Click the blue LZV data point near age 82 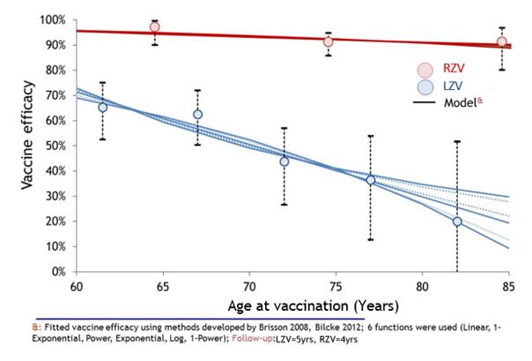pyautogui.click(x=457, y=222)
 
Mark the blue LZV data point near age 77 pyautogui.click(x=370, y=180)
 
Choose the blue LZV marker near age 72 pyautogui.click(x=284, y=162)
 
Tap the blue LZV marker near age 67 pyautogui.click(x=198, y=115)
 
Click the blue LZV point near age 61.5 pyautogui.click(x=103, y=108)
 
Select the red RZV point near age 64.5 pyautogui.click(x=155, y=27)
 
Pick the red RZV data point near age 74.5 pyautogui.click(x=329, y=41)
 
